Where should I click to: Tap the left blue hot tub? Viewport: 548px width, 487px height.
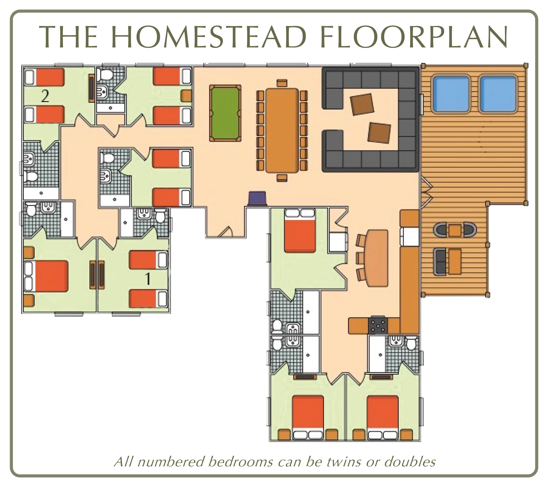[x=451, y=94]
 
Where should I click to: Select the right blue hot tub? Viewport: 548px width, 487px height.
[x=498, y=94]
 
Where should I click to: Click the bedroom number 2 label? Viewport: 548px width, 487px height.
[x=45, y=97]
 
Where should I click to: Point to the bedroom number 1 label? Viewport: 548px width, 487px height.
[x=148, y=279]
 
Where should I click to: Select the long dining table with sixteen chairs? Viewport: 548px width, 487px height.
[x=282, y=130]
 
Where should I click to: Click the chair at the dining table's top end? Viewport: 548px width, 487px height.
[x=282, y=83]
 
